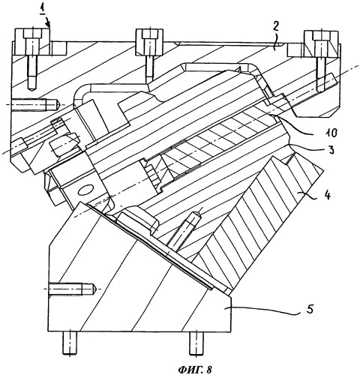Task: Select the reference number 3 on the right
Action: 331,150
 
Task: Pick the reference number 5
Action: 310,310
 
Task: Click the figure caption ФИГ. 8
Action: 195,369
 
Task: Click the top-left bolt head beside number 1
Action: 32,34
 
